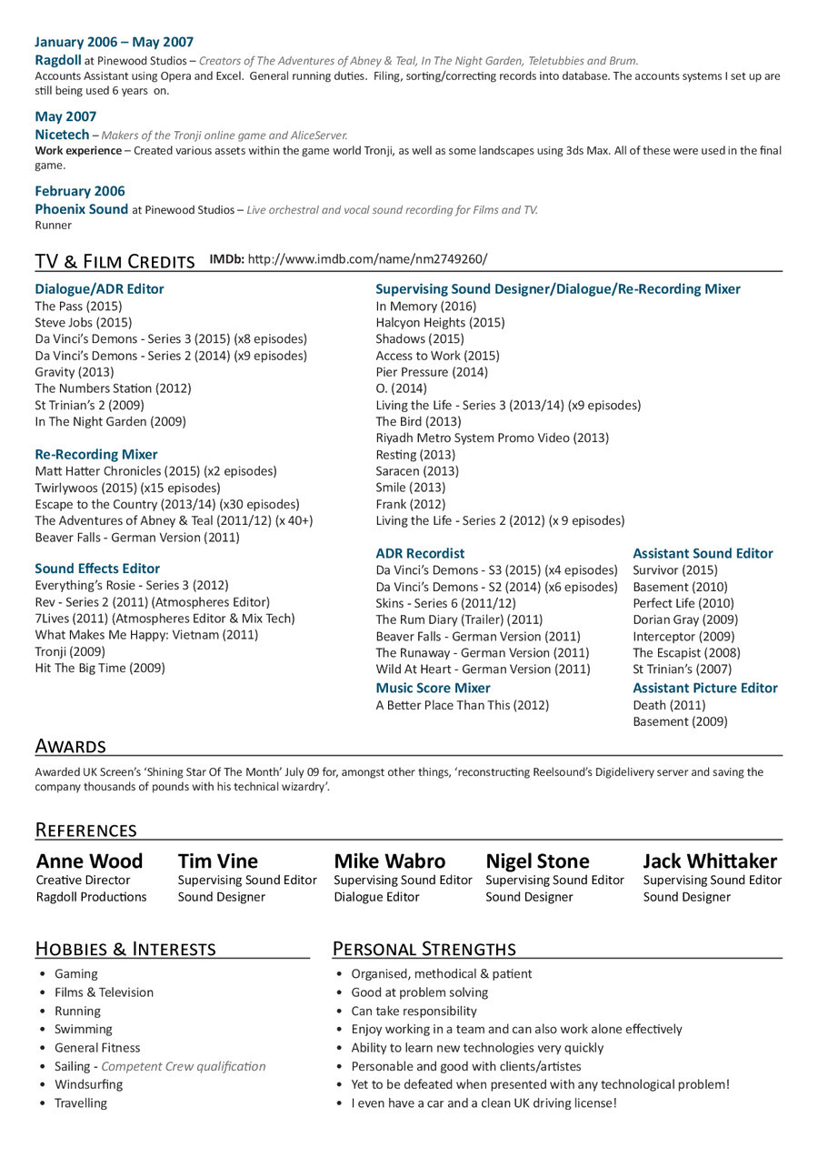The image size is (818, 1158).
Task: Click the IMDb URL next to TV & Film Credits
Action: coord(367,259)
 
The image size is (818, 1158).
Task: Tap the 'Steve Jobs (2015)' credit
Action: coord(84,323)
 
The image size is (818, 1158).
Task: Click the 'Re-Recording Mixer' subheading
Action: coord(96,455)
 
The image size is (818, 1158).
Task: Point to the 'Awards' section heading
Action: coord(70,747)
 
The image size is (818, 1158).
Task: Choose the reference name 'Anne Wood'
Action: coord(89,861)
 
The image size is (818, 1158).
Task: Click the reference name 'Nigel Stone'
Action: coord(537,861)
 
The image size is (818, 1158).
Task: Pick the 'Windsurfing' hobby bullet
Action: coord(88,1084)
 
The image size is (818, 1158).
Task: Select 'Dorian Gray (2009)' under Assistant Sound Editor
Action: coord(673,620)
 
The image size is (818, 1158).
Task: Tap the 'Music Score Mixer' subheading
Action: coord(433,689)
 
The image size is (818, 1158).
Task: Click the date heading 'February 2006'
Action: coord(80,191)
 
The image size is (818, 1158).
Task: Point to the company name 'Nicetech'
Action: coord(62,135)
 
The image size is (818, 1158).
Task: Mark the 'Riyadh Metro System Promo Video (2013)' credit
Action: coord(492,438)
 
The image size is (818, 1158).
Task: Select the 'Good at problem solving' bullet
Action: coord(419,992)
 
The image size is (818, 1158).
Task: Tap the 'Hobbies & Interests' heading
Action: coord(125,949)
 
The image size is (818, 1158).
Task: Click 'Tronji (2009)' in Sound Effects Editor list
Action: coord(70,652)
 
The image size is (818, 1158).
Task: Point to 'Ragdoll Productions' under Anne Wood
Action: coord(91,897)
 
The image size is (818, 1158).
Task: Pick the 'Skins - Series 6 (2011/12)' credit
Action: coord(445,604)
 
